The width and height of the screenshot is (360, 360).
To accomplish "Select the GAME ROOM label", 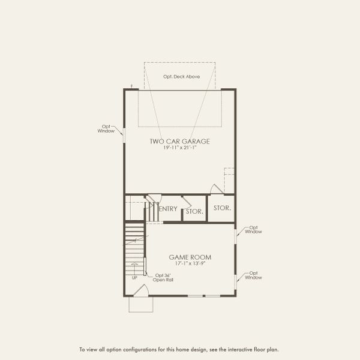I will tap(190, 257).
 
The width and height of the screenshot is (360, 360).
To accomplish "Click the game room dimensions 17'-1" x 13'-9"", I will tap(190, 264).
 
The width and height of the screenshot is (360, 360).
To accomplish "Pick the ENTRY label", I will tap(169, 209).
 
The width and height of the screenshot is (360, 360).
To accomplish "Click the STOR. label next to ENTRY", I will tap(194, 211).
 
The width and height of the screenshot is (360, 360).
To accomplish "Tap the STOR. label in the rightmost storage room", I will tap(222, 208).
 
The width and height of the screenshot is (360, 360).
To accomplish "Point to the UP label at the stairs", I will tap(134, 278).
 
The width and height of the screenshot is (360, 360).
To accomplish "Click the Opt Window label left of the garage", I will tap(106, 129).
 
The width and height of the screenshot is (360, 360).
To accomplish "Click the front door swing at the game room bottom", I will tap(142, 292).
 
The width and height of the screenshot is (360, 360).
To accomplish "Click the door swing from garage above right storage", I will tap(216, 188).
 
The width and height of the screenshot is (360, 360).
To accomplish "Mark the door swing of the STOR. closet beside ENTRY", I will tap(187, 203).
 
